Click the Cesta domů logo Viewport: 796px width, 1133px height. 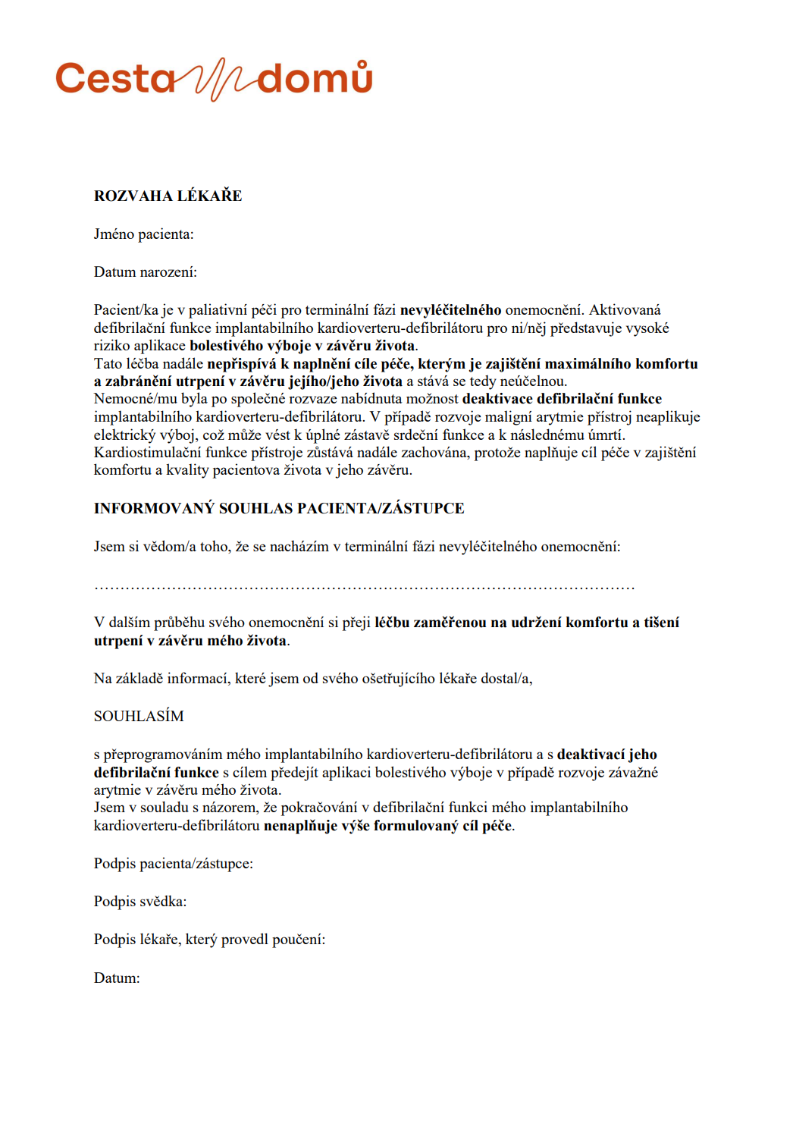coord(214,79)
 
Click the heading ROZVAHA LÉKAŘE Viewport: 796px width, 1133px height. coord(168,196)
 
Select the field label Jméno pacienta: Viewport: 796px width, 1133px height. coord(143,234)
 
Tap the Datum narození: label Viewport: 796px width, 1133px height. coord(145,272)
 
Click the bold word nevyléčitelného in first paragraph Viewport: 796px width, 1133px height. coord(450,309)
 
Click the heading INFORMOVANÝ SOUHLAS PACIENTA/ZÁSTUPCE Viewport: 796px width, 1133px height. coord(279,508)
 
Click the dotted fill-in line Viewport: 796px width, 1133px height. coord(364,586)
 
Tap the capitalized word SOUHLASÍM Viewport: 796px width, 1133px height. coord(139,717)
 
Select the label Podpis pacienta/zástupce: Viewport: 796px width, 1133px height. coord(173,864)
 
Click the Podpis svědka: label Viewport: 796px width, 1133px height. coord(139,902)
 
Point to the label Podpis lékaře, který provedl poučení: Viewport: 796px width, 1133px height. coord(209,940)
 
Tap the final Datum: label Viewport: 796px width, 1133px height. coord(117,978)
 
